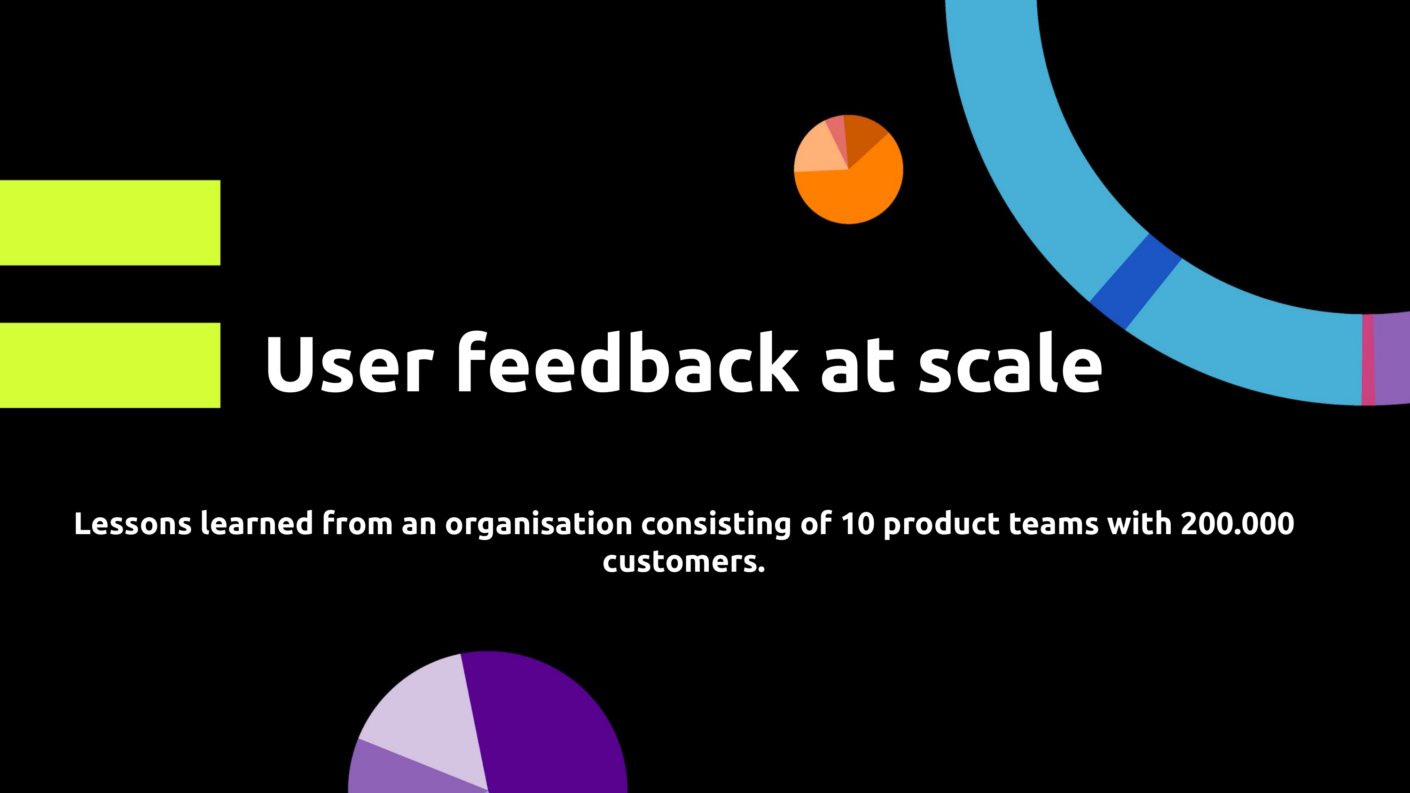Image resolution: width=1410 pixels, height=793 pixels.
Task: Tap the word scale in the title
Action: click(x=1010, y=364)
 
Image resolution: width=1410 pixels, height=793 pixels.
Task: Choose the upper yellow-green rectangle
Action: click(x=110, y=223)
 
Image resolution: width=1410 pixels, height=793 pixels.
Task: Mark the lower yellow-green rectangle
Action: click(x=110, y=365)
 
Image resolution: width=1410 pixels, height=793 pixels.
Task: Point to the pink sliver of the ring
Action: click(x=1368, y=359)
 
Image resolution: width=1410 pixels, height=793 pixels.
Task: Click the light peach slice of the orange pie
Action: click(x=818, y=150)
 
